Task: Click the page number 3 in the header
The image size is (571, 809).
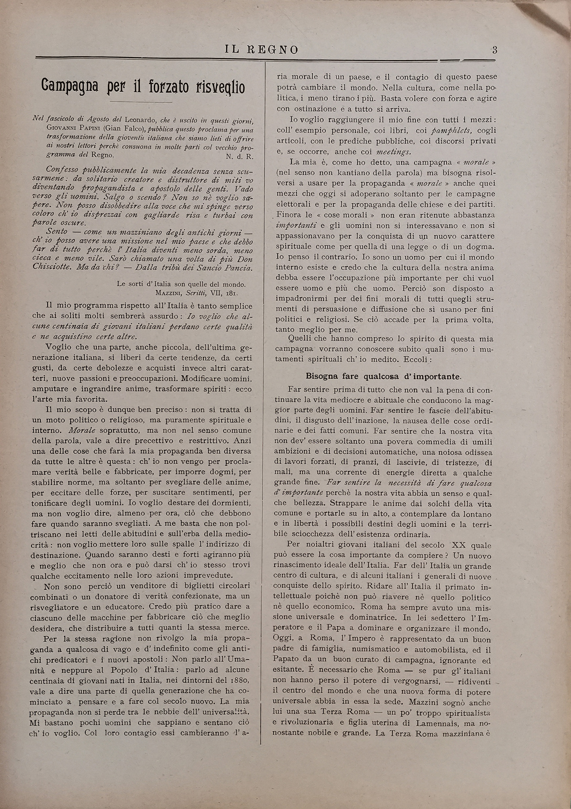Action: (495, 50)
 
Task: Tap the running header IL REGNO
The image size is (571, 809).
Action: (261, 50)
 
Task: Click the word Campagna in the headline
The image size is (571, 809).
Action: (70, 86)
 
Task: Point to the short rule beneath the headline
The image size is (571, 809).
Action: (141, 102)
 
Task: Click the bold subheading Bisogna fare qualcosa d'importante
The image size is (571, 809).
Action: (383, 376)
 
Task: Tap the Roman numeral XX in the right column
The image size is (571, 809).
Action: (459, 545)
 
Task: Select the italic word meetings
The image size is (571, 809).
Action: (393, 152)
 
